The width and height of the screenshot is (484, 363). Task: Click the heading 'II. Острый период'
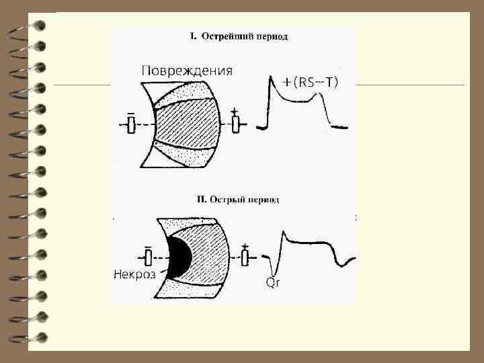[x=237, y=200]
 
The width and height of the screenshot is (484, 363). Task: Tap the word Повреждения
[x=186, y=71]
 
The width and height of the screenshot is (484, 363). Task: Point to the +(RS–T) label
[x=310, y=82]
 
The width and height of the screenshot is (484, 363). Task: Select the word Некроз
[x=134, y=274]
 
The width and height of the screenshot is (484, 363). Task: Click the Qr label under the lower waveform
[x=272, y=283]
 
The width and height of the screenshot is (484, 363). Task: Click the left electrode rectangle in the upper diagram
[x=131, y=125]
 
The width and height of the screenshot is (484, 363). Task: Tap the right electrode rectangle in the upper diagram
[x=236, y=124]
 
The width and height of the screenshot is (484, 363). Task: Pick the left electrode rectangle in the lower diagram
[x=149, y=257]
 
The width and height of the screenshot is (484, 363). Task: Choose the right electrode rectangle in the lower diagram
[x=246, y=257]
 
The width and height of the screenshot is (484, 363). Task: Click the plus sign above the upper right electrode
[x=235, y=111]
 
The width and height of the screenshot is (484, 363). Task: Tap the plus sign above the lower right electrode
[x=245, y=246]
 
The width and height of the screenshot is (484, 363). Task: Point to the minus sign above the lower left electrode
[x=149, y=245]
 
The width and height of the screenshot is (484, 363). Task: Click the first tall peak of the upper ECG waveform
[x=271, y=79]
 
